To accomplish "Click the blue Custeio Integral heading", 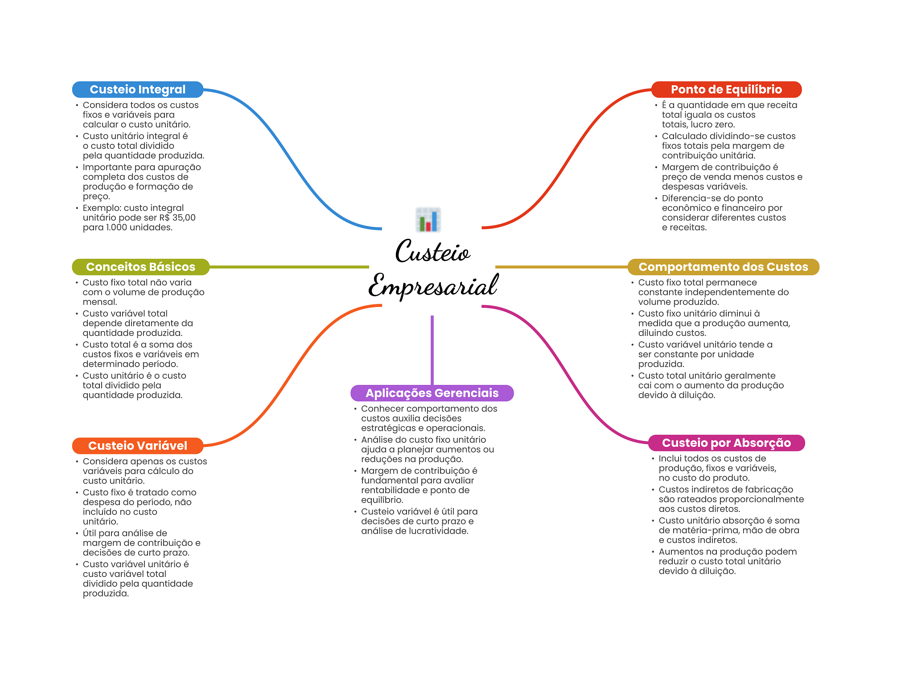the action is (138, 90).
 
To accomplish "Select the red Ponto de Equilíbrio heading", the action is (726, 90).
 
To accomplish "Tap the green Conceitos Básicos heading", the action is (140, 267).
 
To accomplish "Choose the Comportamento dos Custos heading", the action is (723, 267).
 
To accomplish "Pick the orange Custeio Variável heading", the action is (138, 446).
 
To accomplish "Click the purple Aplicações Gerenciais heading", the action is (432, 393).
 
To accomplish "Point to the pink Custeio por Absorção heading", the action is (726, 443).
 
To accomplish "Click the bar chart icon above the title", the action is (428, 220).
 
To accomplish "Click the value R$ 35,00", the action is (177, 217).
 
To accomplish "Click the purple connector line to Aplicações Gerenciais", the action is (432, 350).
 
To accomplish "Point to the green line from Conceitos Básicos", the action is (289, 267).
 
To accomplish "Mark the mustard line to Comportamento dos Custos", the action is (562, 267).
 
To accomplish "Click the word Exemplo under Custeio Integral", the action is (102, 208).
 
